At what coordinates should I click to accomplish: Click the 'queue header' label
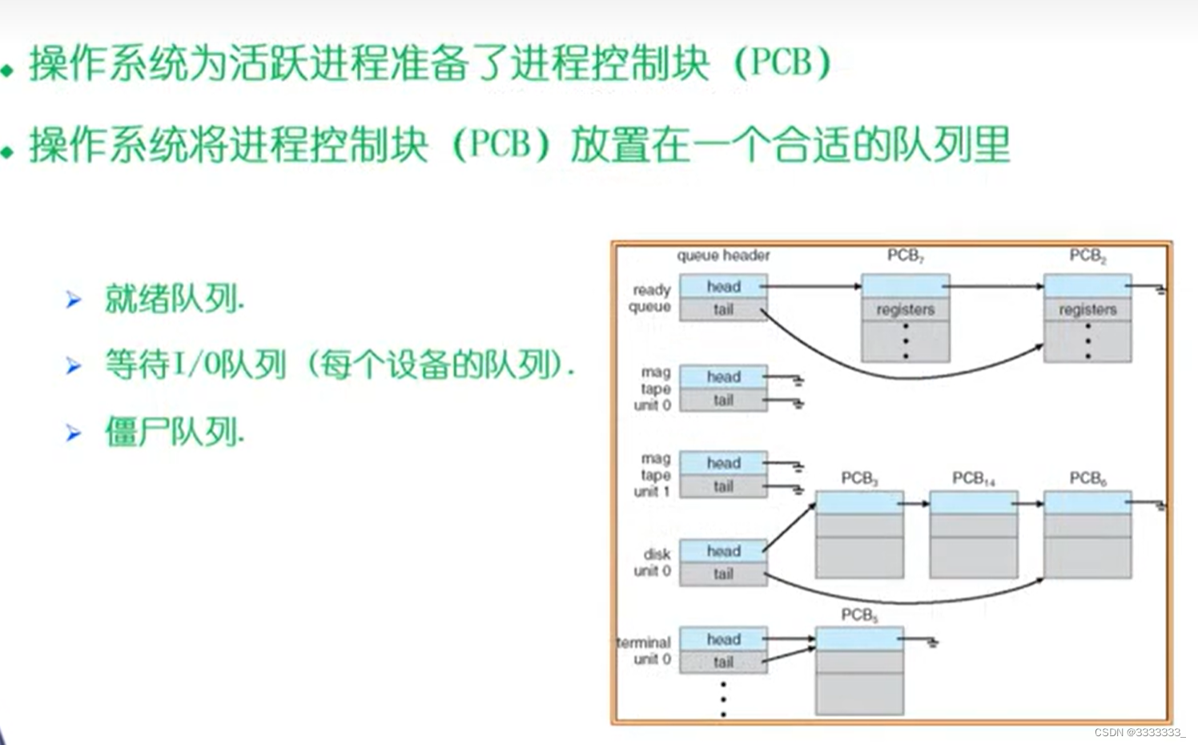[x=723, y=256]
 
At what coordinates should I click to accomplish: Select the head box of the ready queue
[x=723, y=287]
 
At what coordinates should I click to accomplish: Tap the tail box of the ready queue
[x=723, y=309]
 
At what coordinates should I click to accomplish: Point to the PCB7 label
[x=905, y=256]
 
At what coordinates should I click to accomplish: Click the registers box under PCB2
[x=1087, y=309]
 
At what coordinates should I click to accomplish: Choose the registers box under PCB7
[x=905, y=309]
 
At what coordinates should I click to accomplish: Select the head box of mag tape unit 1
[x=723, y=463]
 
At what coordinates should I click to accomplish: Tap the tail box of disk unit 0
[x=723, y=574]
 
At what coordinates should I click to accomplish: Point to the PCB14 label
[x=973, y=478]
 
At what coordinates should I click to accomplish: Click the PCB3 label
[x=859, y=478]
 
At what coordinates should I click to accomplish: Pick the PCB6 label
[x=1087, y=478]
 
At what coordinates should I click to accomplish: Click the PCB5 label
[x=859, y=615]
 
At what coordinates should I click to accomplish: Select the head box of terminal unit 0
[x=723, y=639]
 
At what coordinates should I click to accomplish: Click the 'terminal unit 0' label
[x=645, y=650]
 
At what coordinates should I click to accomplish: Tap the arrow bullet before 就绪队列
[x=74, y=300]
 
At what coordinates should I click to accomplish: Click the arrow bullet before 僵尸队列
[x=74, y=433]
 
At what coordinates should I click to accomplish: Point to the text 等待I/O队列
[x=195, y=365]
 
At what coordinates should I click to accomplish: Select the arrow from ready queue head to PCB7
[x=813, y=286]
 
